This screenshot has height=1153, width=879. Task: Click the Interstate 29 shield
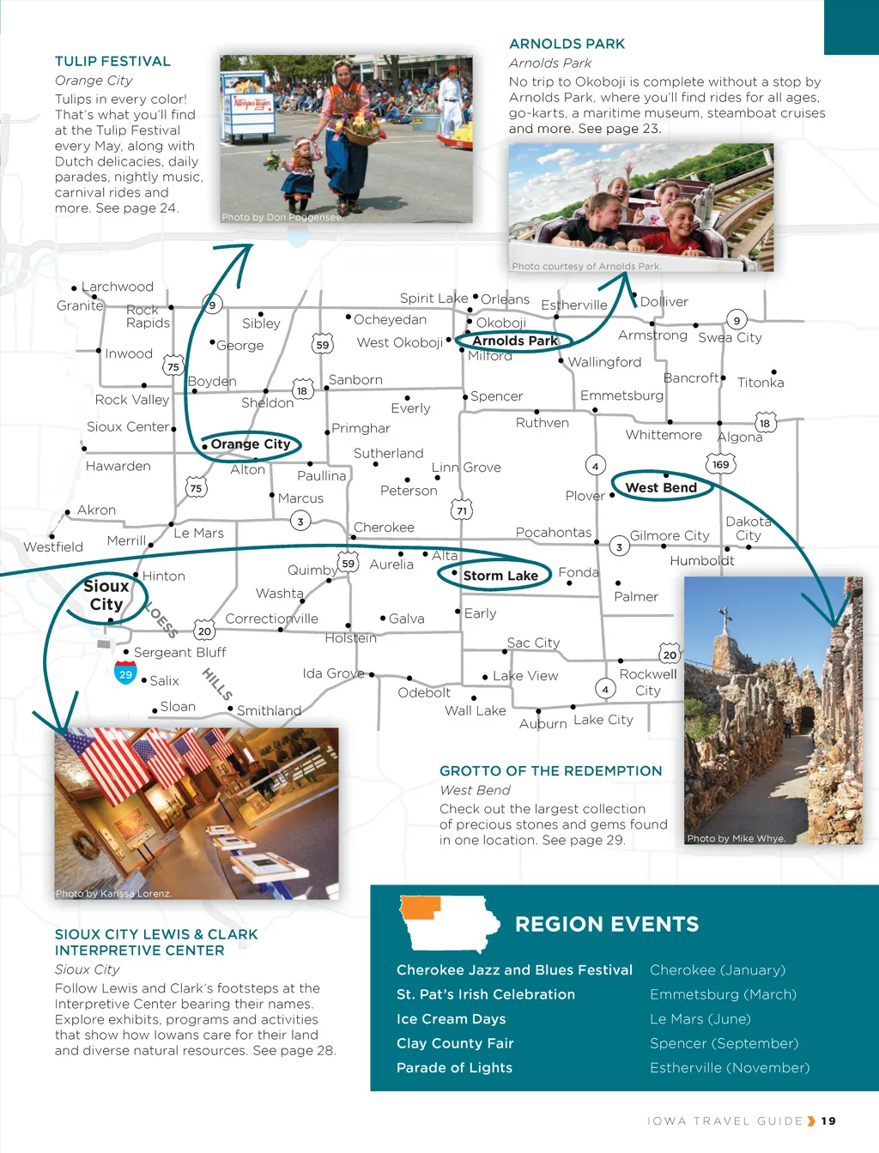pyautogui.click(x=125, y=673)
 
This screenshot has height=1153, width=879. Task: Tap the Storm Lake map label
pyautogui.click(x=500, y=576)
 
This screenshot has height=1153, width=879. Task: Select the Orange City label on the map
pyautogui.click(x=250, y=444)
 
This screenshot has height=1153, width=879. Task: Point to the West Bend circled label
pyautogui.click(x=661, y=487)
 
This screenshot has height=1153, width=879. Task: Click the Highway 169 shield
pyautogui.click(x=720, y=464)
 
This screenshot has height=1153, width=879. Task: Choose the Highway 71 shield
pyautogui.click(x=462, y=510)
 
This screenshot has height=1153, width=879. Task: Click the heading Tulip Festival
pyautogui.click(x=112, y=62)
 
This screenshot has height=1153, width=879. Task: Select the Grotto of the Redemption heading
pyautogui.click(x=550, y=770)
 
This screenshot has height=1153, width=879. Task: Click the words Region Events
pyautogui.click(x=607, y=924)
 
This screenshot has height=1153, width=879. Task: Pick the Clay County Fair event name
pyautogui.click(x=455, y=1043)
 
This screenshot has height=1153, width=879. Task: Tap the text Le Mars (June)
pyautogui.click(x=700, y=1019)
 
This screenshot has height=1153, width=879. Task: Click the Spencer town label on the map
pyautogui.click(x=496, y=396)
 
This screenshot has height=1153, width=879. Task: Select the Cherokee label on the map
pyautogui.click(x=384, y=528)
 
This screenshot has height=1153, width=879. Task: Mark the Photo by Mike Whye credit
pyautogui.click(x=737, y=838)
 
